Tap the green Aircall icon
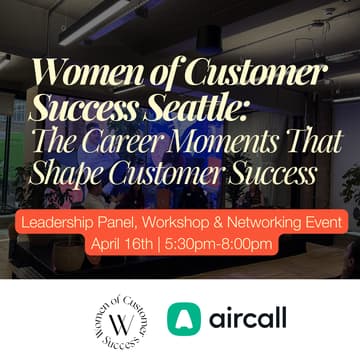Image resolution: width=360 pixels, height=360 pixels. coord(185,321)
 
